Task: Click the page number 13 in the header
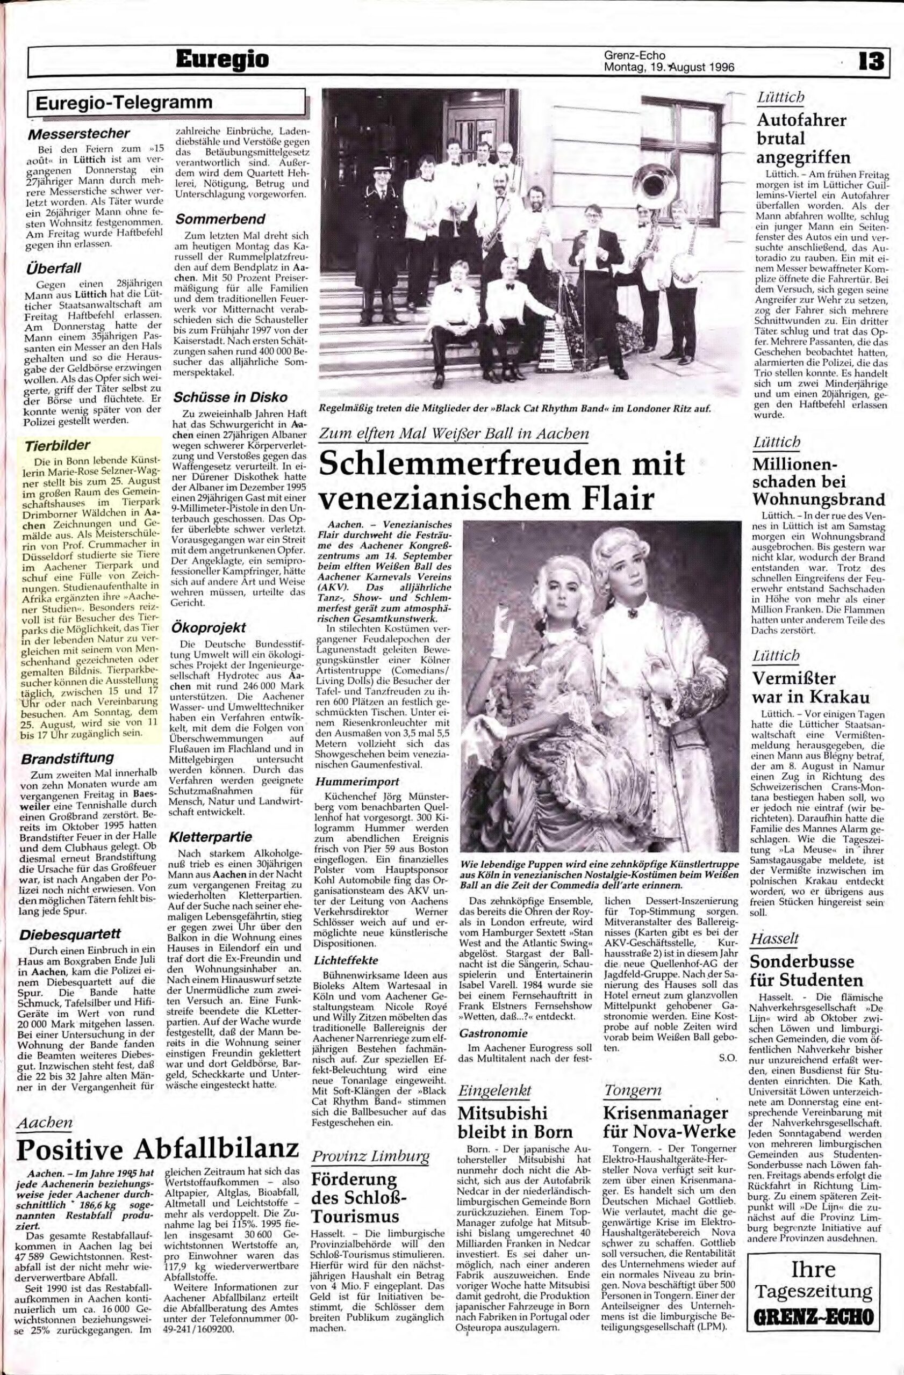(x=871, y=61)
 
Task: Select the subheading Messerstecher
(x=79, y=133)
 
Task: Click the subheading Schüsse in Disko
(x=223, y=398)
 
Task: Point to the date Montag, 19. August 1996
(x=668, y=67)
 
